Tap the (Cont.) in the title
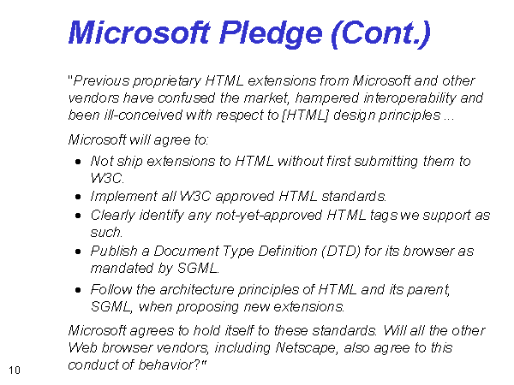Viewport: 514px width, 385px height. click(380, 34)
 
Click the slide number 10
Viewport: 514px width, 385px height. click(14, 370)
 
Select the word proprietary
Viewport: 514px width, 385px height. click(167, 81)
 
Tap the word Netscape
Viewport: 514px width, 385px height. click(306, 348)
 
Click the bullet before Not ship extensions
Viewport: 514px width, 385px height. click(78, 162)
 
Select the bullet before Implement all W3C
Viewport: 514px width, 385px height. click(78, 197)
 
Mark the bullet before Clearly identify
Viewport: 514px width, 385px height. click(78, 216)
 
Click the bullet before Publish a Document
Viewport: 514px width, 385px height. click(78, 252)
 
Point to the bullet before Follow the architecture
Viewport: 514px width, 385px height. click(78, 290)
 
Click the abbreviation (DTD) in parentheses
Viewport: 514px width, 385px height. click(341, 252)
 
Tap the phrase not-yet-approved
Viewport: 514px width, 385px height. click(269, 216)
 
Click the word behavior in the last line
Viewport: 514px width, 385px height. click(165, 364)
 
